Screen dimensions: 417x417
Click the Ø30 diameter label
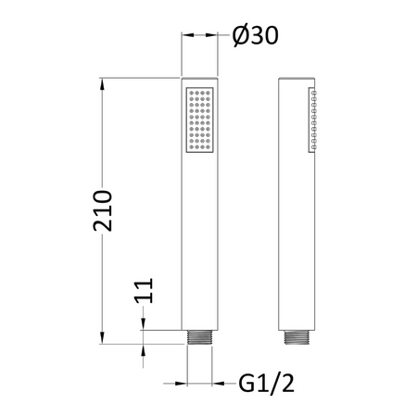point(256,35)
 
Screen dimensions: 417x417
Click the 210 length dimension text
point(102,211)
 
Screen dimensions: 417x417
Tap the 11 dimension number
point(144,291)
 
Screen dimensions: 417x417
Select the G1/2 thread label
point(266,384)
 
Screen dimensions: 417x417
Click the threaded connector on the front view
point(199,337)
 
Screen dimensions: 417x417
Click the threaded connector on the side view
point(297,337)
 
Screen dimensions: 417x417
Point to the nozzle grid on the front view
point(200,120)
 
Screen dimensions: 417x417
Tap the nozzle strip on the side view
point(312,120)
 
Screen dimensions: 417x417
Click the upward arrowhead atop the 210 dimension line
point(102,84)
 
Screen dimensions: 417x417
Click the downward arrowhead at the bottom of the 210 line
point(102,337)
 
